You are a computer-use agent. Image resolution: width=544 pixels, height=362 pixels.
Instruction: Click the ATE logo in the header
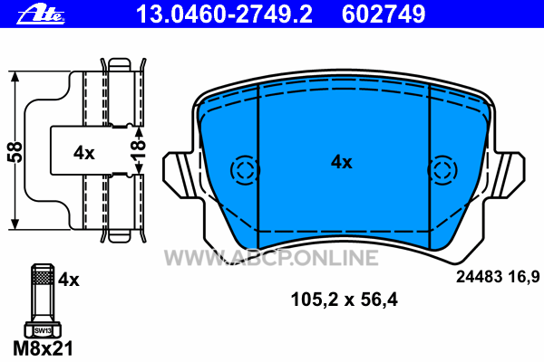point(41,15)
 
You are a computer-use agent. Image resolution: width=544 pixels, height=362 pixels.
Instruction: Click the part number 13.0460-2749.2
point(225,14)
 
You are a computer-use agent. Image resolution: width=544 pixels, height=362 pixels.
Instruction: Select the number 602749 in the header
point(384,14)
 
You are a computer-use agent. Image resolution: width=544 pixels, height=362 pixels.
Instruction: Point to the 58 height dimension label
point(15,152)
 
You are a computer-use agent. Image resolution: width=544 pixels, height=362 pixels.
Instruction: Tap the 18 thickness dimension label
point(138,149)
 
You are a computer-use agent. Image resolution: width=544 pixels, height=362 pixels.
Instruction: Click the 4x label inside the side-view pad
point(84,153)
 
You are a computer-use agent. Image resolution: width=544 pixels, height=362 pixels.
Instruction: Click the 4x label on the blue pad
point(342,162)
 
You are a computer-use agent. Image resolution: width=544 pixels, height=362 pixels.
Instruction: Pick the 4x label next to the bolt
point(68,280)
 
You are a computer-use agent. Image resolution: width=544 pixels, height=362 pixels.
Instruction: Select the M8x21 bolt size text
point(43,348)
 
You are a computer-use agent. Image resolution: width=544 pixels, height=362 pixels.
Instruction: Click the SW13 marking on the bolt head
point(43,330)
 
